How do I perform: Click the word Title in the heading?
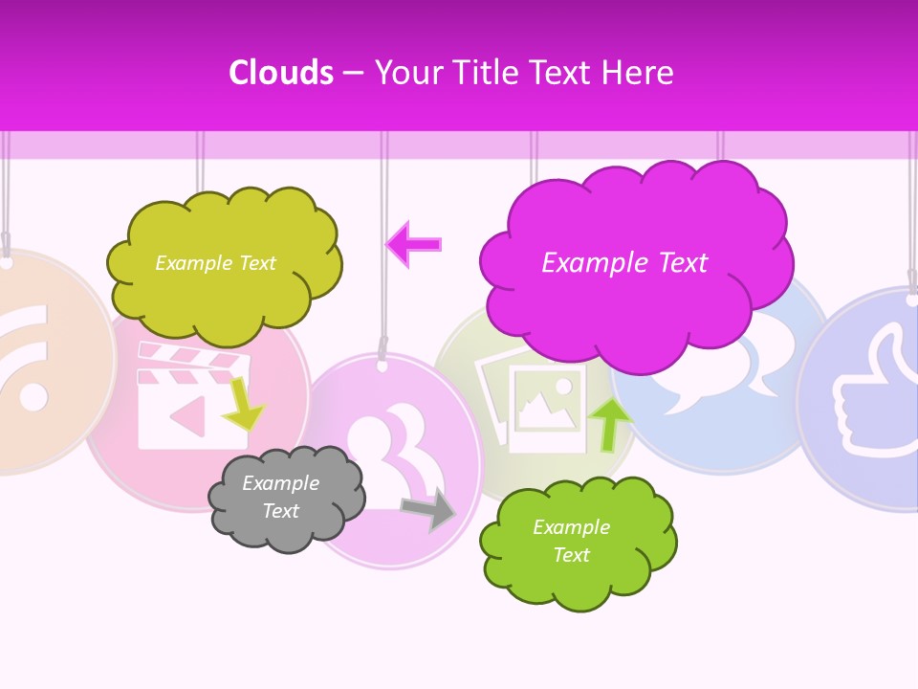click(484, 73)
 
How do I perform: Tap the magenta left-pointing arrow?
click(414, 244)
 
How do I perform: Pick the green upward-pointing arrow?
click(610, 422)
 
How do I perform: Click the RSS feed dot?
click(32, 397)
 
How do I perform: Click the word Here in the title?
click(638, 73)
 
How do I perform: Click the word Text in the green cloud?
click(571, 555)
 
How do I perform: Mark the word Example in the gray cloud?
click(280, 483)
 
